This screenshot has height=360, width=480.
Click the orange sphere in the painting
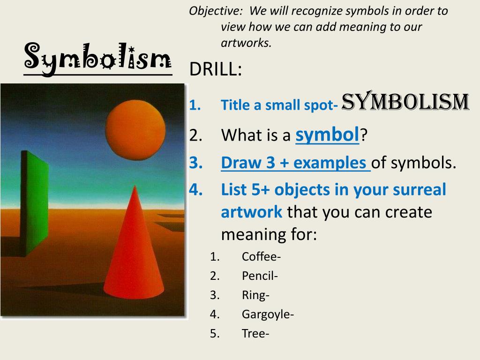point(135,130)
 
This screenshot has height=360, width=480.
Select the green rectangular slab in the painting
point(35,203)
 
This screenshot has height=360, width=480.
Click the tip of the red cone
point(135,186)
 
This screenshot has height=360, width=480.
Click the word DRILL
point(215,69)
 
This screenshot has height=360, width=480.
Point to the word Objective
point(216,11)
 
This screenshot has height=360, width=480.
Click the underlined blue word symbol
point(327,135)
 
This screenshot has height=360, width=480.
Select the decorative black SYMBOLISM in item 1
point(405,101)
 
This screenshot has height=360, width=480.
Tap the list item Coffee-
point(261,256)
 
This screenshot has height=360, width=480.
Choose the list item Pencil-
point(260,276)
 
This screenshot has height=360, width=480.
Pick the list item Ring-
point(255,295)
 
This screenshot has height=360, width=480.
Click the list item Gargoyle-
point(268,315)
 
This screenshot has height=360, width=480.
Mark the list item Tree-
point(255,333)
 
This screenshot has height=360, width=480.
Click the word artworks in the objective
point(246,43)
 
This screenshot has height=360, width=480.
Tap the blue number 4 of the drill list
point(195,189)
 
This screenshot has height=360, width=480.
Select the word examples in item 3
point(330,163)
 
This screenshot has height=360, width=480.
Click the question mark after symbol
point(363,135)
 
